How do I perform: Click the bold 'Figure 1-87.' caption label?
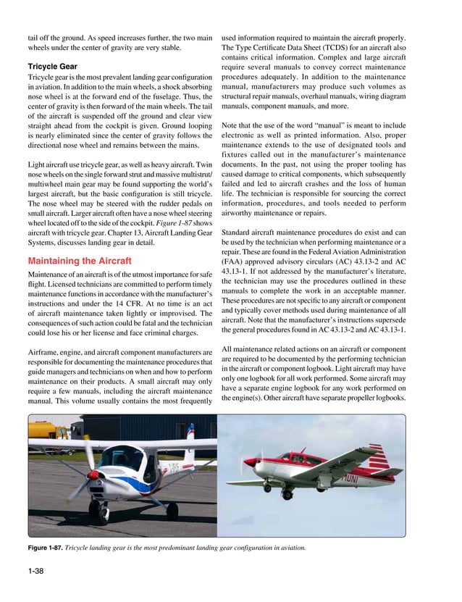45,547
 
